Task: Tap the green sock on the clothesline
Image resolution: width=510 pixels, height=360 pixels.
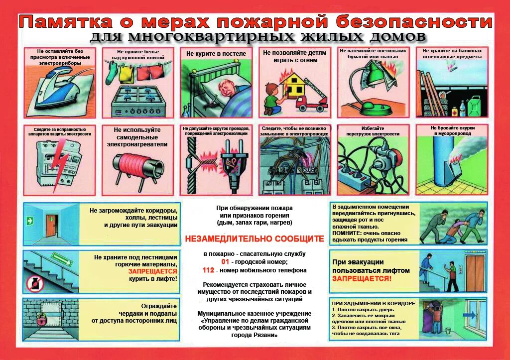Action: (x=110, y=74)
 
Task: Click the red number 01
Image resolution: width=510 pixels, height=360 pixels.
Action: (x=225, y=261)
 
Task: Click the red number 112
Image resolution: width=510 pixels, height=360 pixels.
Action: (x=208, y=270)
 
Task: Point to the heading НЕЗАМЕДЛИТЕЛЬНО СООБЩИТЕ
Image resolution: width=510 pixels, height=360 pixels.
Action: (x=255, y=239)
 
